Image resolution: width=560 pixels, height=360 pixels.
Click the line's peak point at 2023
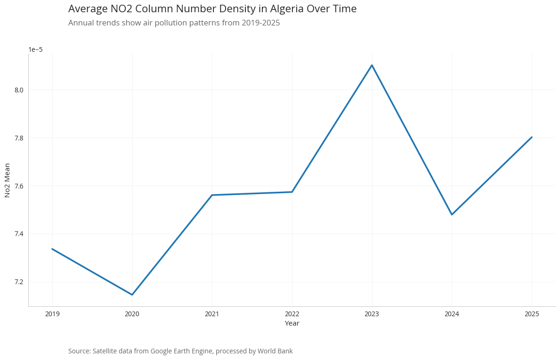pyautogui.click(x=372, y=65)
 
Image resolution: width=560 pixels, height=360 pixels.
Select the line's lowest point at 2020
pyautogui.click(x=132, y=295)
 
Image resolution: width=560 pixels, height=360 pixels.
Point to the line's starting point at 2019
pyautogui.click(x=52, y=249)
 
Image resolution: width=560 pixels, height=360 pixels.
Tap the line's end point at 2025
pyautogui.click(x=532, y=137)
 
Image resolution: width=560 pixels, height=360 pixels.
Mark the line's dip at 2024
pyautogui.click(x=452, y=214)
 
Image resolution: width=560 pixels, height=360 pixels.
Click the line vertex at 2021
pyautogui.click(x=212, y=195)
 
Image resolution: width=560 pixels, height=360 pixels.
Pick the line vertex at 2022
pyautogui.click(x=292, y=192)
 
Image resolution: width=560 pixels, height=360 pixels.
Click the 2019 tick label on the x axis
pyautogui.click(x=52, y=314)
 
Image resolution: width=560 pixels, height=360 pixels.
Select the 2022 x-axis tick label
pyautogui.click(x=292, y=314)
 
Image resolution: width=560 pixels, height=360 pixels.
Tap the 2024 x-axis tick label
pyautogui.click(x=452, y=314)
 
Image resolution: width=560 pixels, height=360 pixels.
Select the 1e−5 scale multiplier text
pyautogui.click(x=35, y=49)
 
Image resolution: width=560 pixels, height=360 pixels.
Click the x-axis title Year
pyautogui.click(x=292, y=323)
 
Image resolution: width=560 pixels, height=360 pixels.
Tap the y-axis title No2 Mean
pyautogui.click(x=8, y=180)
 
